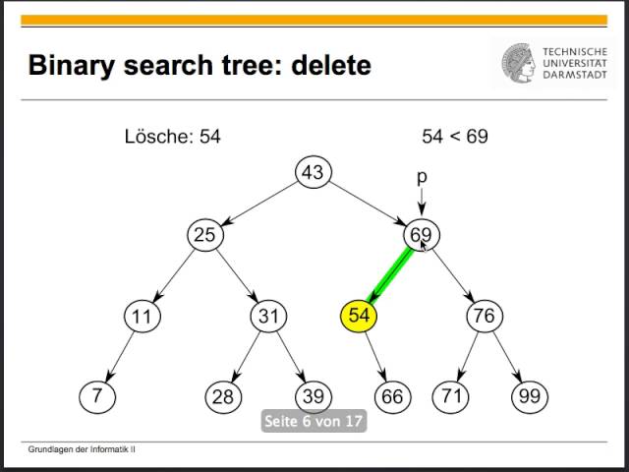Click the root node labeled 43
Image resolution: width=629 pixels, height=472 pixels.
(x=313, y=173)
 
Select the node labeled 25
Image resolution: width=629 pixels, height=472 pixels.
(x=204, y=236)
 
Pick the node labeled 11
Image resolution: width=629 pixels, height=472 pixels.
(x=143, y=316)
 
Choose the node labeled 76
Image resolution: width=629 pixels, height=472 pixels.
(x=484, y=316)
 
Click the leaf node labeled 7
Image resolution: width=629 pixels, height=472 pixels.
(x=96, y=396)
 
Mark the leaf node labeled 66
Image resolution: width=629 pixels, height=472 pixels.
(x=393, y=396)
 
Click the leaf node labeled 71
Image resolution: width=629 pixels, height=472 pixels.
(x=450, y=396)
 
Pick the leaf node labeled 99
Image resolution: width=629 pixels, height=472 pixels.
(x=529, y=396)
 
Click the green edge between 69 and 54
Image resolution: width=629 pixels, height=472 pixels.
(x=389, y=275)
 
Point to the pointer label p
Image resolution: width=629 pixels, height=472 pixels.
(x=422, y=178)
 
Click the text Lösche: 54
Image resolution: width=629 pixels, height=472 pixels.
(x=172, y=137)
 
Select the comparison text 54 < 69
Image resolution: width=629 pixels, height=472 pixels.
(x=455, y=137)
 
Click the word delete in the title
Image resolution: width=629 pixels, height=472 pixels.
(x=324, y=66)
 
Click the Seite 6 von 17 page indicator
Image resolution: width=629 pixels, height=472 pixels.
(x=313, y=422)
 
